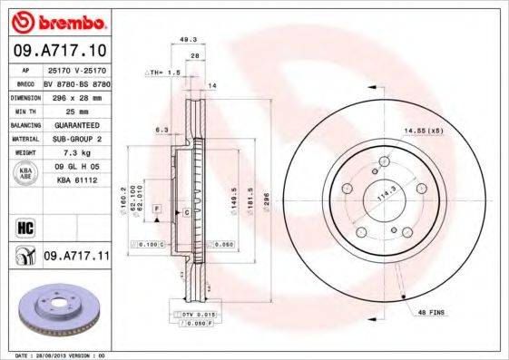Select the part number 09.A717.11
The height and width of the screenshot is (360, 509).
point(76,258)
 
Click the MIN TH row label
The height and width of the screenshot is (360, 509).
point(24,109)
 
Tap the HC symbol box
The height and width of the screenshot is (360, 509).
point(24,225)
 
